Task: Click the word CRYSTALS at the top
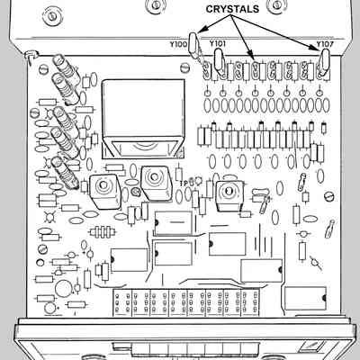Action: click(232, 9)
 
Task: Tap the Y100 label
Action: click(178, 44)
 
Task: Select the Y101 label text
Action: click(218, 44)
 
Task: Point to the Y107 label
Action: click(325, 44)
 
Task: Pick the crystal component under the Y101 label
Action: click(219, 60)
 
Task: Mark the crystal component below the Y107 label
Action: click(324, 61)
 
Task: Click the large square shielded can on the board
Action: click(143, 119)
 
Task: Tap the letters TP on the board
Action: click(184, 183)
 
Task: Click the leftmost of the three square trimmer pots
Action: click(104, 191)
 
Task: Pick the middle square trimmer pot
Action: click(156, 183)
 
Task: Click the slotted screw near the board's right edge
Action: click(329, 196)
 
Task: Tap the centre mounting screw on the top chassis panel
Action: click(156, 4)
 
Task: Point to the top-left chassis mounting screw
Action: click(51, 15)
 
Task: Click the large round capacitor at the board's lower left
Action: click(64, 288)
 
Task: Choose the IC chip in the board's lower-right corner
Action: click(305, 299)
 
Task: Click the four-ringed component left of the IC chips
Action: click(103, 231)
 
